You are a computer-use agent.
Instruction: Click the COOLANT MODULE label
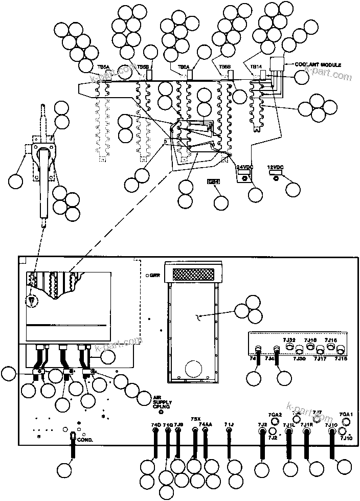(317, 65)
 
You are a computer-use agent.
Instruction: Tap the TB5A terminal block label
(103, 67)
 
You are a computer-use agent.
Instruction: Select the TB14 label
(256, 67)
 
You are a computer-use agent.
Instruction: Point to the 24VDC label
(244, 167)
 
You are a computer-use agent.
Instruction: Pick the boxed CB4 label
(212, 181)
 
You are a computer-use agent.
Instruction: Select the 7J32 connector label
(289, 339)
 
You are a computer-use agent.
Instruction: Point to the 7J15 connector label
(341, 359)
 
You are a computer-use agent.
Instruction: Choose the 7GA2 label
(275, 415)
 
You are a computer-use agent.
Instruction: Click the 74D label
(155, 425)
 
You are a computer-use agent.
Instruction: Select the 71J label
(229, 425)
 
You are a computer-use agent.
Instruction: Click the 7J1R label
(307, 425)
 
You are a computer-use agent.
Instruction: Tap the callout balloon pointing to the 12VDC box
(293, 189)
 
